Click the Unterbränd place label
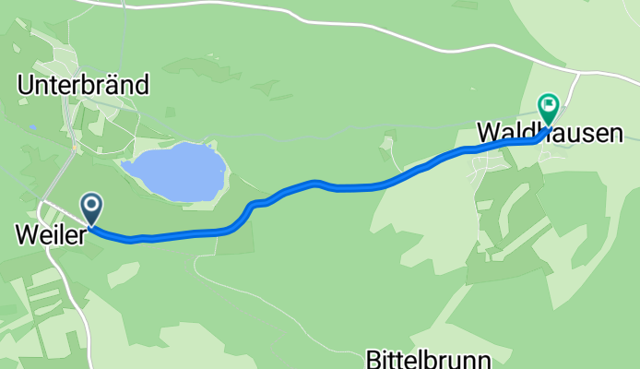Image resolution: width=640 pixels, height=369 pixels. [83, 86]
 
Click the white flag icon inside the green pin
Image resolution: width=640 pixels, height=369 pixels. [549, 105]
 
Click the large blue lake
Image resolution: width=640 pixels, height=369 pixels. [175, 172]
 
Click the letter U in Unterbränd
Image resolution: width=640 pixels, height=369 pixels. [25, 86]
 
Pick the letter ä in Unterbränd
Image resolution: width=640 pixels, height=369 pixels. [113, 86]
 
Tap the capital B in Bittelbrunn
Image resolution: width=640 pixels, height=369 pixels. [373, 358]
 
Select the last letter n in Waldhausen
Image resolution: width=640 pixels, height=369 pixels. [615, 134]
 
